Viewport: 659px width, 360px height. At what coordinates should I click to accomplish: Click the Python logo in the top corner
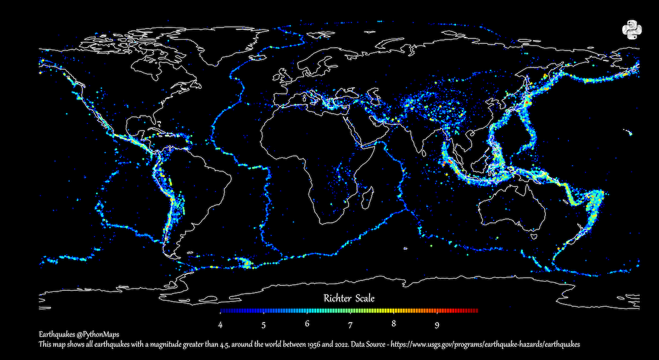(632, 30)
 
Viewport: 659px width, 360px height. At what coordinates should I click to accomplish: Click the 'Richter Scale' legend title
(349, 299)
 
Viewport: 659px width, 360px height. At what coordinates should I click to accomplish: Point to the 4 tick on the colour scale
(220, 324)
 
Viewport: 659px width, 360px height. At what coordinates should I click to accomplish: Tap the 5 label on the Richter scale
(264, 324)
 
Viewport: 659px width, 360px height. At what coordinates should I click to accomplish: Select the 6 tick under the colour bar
(307, 324)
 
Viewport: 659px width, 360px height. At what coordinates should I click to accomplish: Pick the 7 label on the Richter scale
(350, 324)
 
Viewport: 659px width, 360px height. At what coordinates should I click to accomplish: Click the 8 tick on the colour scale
(394, 324)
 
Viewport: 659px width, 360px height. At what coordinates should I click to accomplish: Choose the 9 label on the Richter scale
(437, 324)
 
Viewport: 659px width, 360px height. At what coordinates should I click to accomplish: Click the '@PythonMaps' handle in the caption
(98, 334)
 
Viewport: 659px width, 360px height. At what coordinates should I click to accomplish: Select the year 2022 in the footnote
(324, 344)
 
